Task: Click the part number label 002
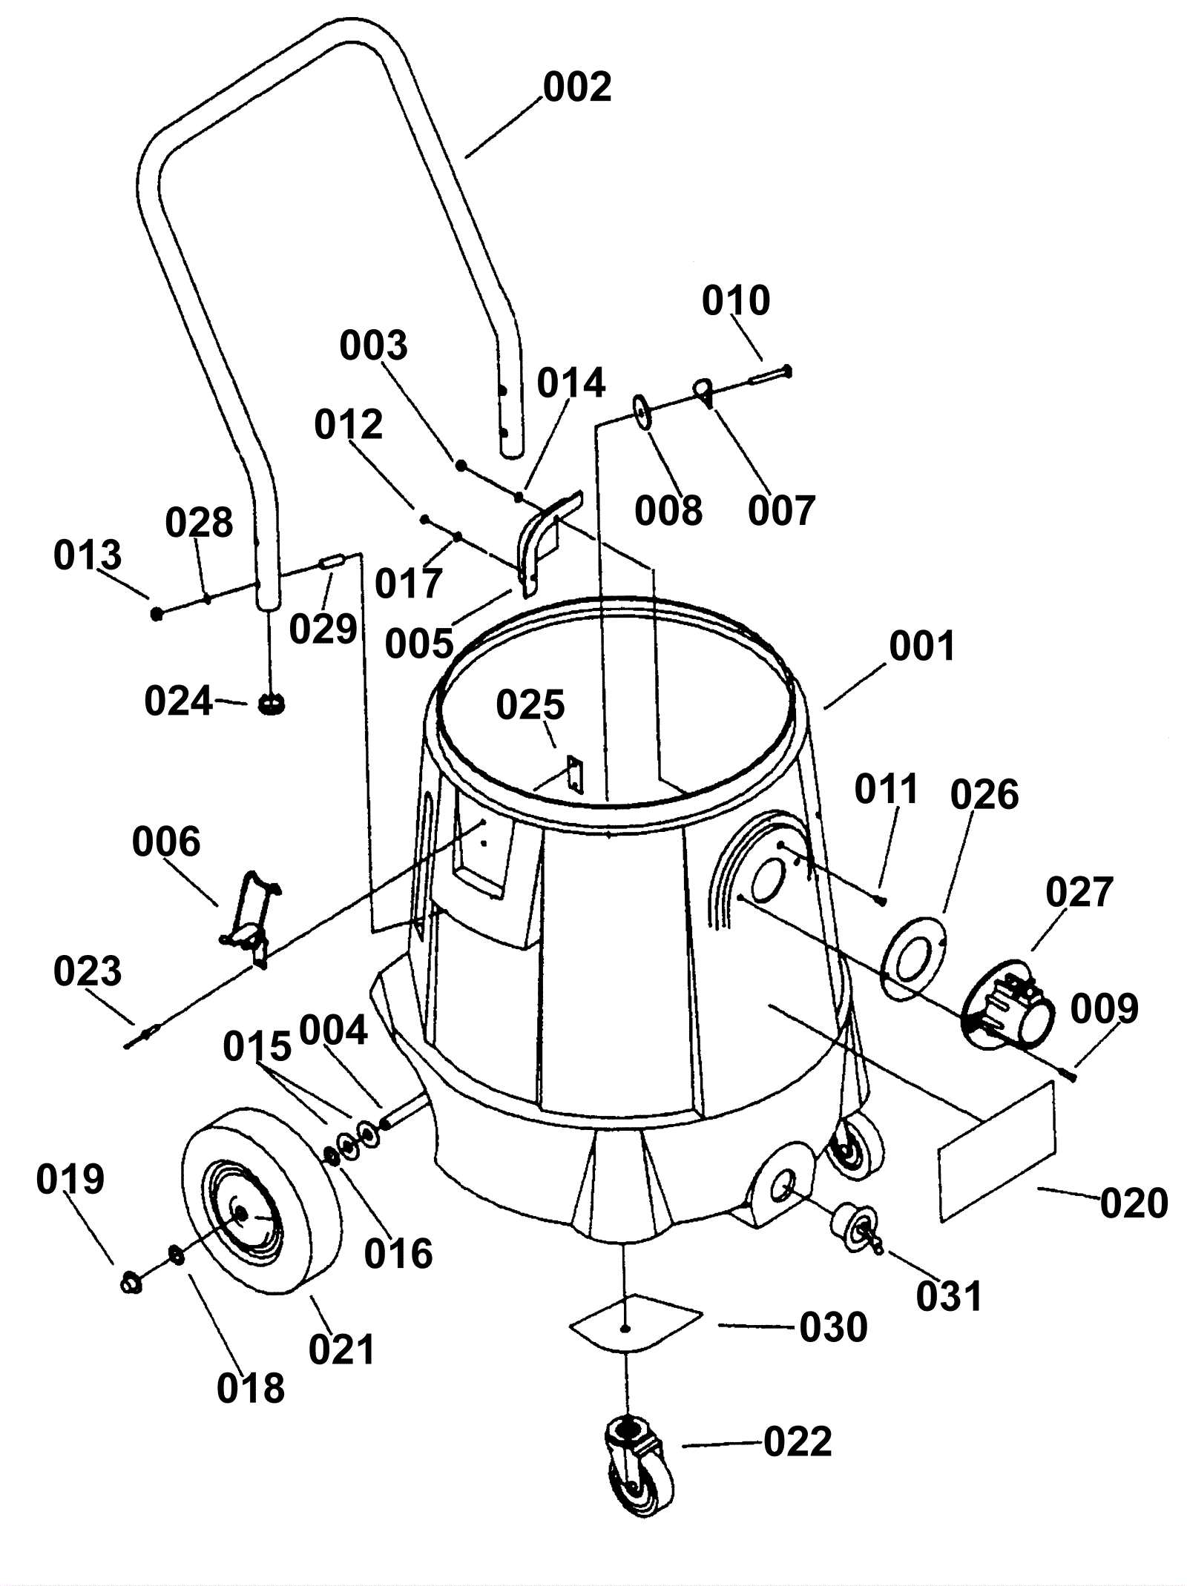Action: (577, 87)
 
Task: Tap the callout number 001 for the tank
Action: (923, 646)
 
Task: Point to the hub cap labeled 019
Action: (131, 1282)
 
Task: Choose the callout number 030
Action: (833, 1326)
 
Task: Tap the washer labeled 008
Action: (642, 412)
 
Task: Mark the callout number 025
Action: (530, 704)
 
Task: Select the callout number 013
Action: (88, 555)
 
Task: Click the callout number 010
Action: (736, 300)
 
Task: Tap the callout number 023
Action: (88, 971)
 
